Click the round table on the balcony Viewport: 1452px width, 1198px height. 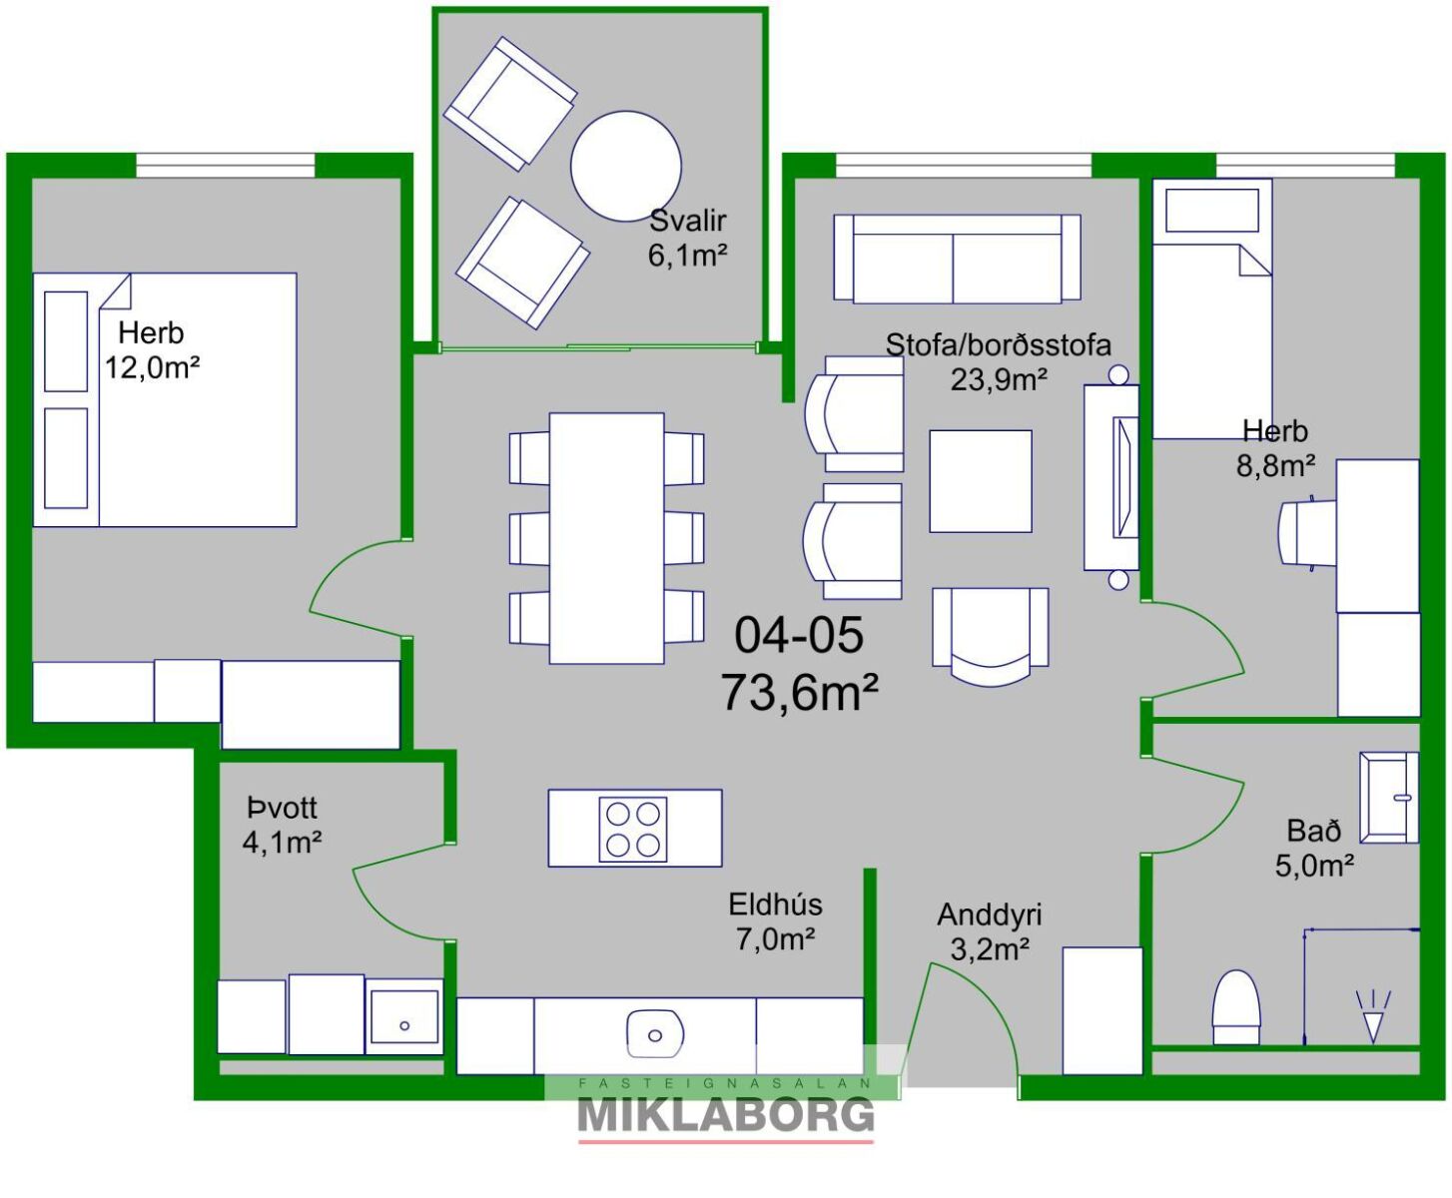tap(626, 166)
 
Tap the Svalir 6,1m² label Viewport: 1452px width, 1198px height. tap(688, 239)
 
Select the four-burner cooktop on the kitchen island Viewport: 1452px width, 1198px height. tap(633, 830)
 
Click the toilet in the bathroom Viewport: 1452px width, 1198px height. tap(1236, 1006)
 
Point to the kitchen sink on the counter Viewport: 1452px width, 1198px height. tap(655, 1035)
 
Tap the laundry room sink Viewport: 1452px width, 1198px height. tap(404, 1017)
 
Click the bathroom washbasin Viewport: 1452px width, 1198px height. tap(1389, 798)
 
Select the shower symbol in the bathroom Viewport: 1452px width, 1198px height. tap(1373, 1017)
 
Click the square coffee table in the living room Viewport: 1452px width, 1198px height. tap(981, 481)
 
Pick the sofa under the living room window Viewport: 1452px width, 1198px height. tap(957, 259)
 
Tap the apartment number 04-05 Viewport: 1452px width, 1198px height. tap(799, 635)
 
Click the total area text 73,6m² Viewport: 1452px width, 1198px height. tap(799, 693)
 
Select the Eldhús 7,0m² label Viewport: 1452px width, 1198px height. tap(775, 922)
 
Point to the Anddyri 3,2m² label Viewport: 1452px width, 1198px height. tap(990, 931)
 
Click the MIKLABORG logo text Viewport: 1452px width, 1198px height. tap(725, 1116)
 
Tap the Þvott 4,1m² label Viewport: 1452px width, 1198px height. tap(282, 826)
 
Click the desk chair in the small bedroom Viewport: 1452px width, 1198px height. tap(1306, 532)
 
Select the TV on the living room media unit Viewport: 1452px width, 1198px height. tap(1125, 477)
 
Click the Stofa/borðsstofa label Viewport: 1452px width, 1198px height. tap(999, 344)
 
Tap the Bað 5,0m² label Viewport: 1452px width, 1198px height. tap(1314, 849)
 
